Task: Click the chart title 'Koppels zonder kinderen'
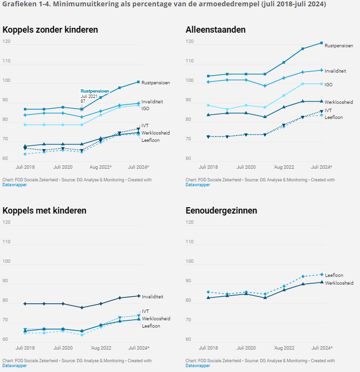click(50, 30)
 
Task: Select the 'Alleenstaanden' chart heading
click(215, 30)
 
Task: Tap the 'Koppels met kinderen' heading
click(44, 211)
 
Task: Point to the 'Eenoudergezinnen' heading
click(221, 211)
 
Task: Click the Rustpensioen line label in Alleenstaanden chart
click(339, 46)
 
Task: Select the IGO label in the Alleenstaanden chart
click(328, 85)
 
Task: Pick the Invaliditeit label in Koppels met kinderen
click(152, 296)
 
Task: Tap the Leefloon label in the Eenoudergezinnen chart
click(334, 275)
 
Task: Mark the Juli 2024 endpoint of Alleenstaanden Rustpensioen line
click(321, 43)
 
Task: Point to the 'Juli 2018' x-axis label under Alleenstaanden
click(208, 167)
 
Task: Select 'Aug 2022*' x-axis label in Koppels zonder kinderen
click(100, 167)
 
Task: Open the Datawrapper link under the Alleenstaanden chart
click(198, 185)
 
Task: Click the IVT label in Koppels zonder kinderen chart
click(145, 126)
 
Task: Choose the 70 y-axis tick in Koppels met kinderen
click(6, 320)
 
